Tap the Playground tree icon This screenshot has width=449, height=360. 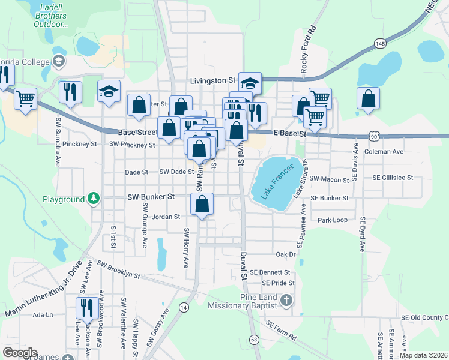click(x=94, y=199)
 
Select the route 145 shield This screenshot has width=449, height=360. click(x=379, y=43)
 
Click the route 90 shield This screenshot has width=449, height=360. click(x=374, y=137)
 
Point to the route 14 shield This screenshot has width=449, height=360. click(x=184, y=307)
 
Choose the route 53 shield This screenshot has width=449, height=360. click(x=255, y=340)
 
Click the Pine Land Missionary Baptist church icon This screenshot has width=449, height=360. click(x=286, y=299)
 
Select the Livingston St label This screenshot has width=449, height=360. click(x=212, y=80)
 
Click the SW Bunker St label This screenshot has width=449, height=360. click(x=151, y=196)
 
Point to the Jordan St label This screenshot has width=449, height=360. click(x=166, y=217)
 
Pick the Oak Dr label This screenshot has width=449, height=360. click(x=286, y=254)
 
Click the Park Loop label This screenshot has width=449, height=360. click(x=333, y=220)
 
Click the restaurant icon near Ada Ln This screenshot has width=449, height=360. click(x=87, y=307)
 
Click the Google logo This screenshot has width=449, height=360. click(x=20, y=353)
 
